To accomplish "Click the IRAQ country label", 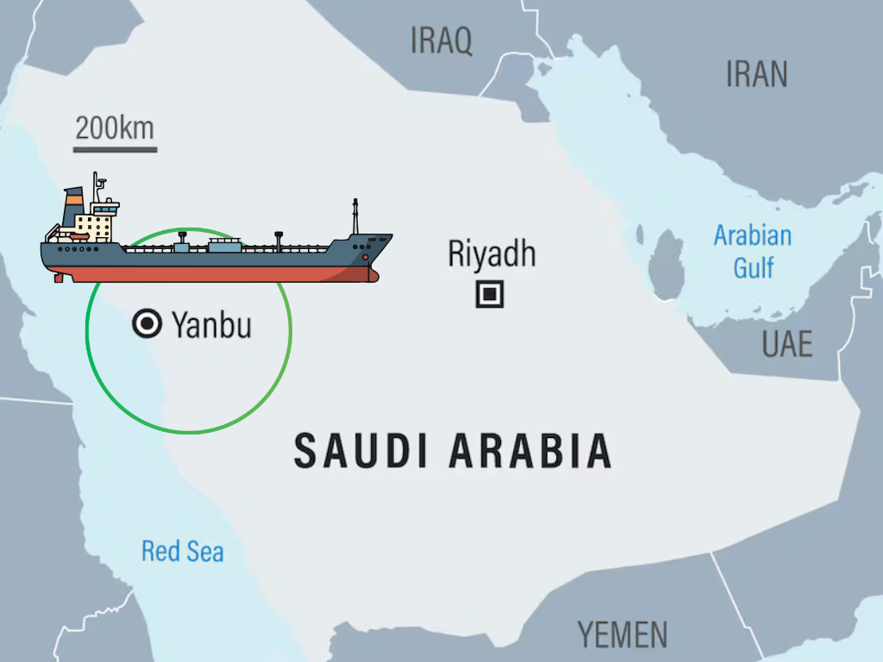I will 441,40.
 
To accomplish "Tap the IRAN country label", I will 756,74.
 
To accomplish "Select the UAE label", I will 786,344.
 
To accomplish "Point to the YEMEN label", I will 622,634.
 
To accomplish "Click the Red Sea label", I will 182,551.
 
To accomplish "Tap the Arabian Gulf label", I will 753,251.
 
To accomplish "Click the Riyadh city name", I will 492,253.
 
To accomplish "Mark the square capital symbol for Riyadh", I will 490,295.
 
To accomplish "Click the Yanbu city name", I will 211,325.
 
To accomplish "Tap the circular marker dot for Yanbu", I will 147,324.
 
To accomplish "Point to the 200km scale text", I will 114,128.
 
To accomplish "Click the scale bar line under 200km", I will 115,150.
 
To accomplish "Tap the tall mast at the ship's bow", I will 354,217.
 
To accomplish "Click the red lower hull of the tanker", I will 216,274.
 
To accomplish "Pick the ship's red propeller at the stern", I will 58,278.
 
